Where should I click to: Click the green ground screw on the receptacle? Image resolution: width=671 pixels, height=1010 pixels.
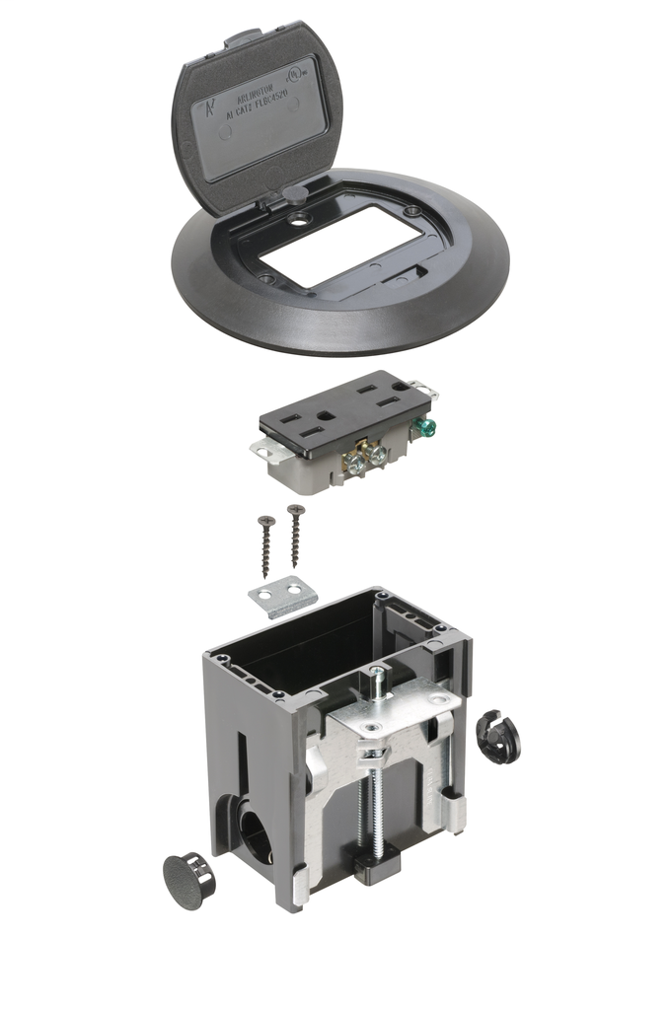[427, 428]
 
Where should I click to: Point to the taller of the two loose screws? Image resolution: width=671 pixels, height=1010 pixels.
[295, 536]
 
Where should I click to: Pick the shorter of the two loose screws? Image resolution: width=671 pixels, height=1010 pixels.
[265, 544]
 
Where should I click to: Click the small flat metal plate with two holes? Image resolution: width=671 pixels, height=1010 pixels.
[283, 598]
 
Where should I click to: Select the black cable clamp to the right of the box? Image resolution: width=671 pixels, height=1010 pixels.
[498, 737]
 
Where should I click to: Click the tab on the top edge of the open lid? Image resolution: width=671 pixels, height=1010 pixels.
[241, 42]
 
